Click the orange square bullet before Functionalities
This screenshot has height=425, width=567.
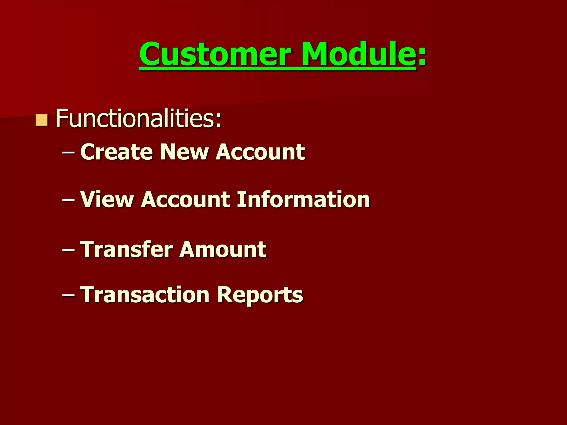tap(42, 120)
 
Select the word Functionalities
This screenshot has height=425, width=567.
tap(136, 118)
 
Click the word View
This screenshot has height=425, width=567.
tap(107, 199)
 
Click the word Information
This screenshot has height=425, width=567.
tap(303, 199)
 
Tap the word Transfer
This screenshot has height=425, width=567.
tap(127, 249)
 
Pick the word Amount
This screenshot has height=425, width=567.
tap(223, 249)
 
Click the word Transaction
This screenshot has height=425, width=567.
tap(145, 294)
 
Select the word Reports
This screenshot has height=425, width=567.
tap(260, 294)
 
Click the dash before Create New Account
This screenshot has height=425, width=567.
tap(68, 153)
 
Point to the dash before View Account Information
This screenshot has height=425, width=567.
tap(68, 200)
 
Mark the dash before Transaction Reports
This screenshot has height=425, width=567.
tap(68, 296)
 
